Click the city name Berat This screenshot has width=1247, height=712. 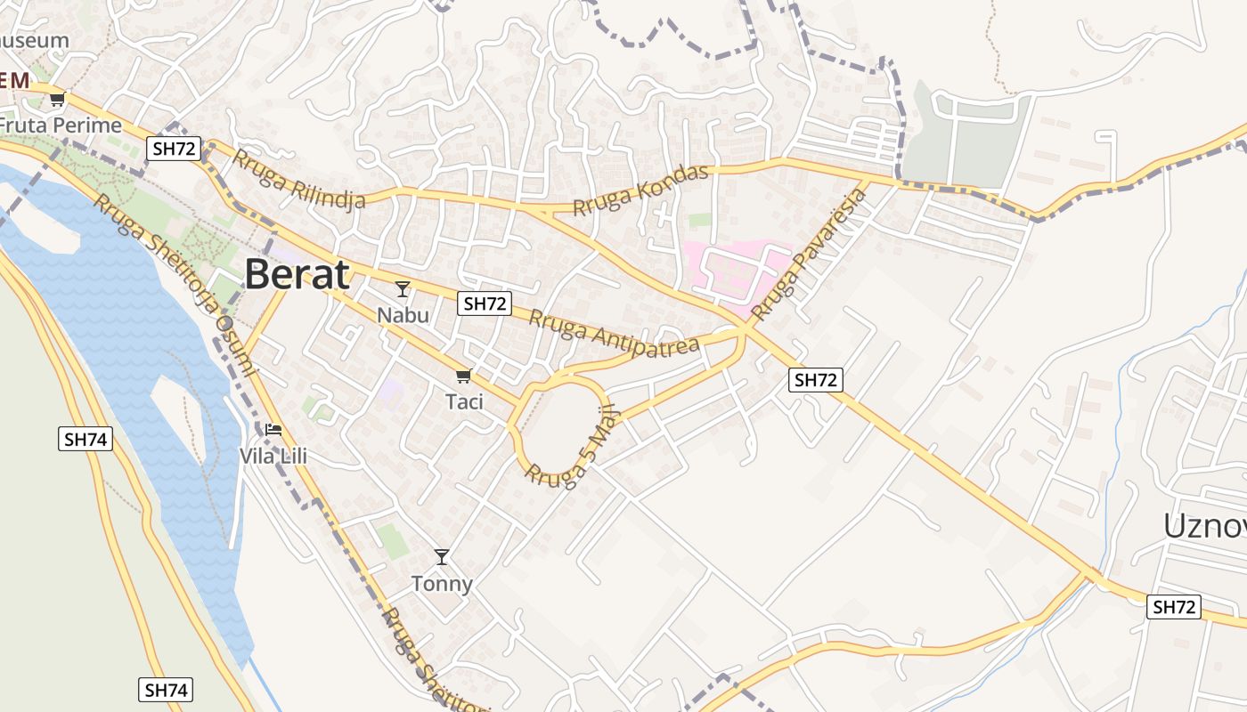[x=297, y=274]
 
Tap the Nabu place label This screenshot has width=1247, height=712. [x=403, y=315]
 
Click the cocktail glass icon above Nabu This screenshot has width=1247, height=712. [x=403, y=288]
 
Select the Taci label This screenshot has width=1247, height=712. [x=464, y=401]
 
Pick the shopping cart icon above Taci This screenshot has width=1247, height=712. [x=463, y=376]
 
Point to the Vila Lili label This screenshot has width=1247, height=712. [x=273, y=457]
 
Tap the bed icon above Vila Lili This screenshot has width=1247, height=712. [x=273, y=430]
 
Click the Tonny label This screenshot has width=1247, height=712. [x=442, y=584]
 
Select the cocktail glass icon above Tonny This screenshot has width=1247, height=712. [x=442, y=557]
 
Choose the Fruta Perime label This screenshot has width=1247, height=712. [x=61, y=125]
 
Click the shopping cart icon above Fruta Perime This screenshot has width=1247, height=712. [x=58, y=99]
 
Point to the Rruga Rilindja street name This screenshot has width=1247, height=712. [x=298, y=180]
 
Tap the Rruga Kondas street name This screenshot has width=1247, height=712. [x=641, y=190]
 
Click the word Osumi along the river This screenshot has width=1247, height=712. [x=236, y=345]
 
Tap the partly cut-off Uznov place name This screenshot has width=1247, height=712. [x=1204, y=526]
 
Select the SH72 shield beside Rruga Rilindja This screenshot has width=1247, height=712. [x=175, y=149]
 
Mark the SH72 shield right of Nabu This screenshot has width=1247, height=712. [x=485, y=303]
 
